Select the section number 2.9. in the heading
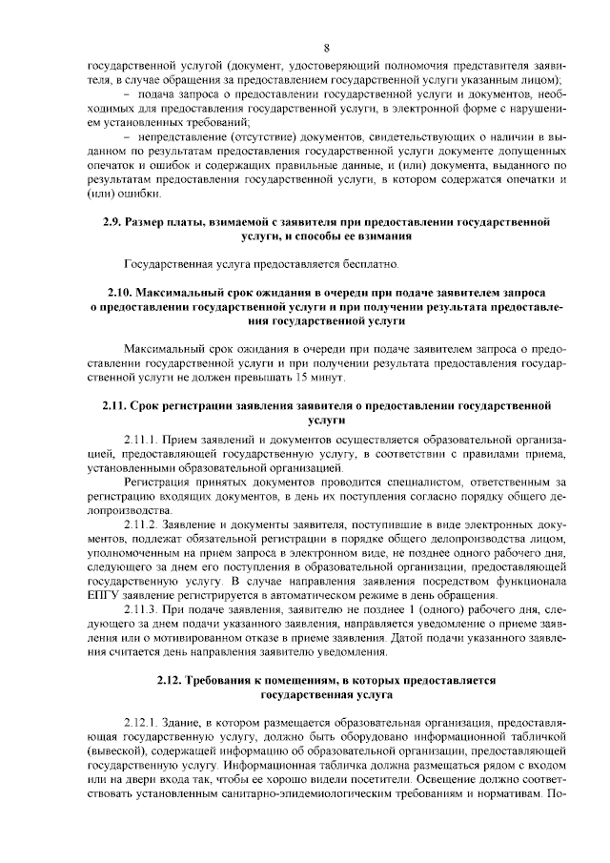pyautogui.click(x=114, y=221)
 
